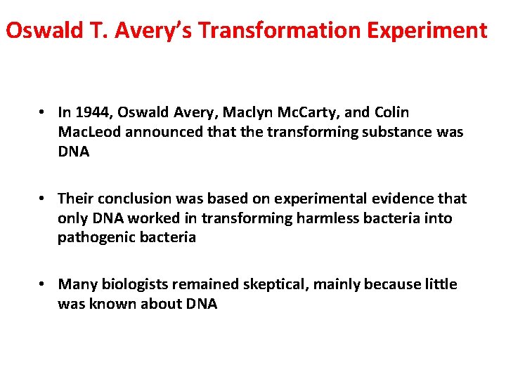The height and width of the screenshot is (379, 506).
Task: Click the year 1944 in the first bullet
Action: pos(93,112)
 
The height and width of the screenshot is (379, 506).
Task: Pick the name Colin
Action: pos(391,112)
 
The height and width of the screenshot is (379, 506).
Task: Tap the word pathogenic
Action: pos(92,237)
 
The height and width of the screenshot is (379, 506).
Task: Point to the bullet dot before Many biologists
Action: pos(44,284)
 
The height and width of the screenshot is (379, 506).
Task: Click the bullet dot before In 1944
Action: pos(44,112)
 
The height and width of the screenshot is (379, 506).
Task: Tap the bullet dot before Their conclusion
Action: pos(44,199)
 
